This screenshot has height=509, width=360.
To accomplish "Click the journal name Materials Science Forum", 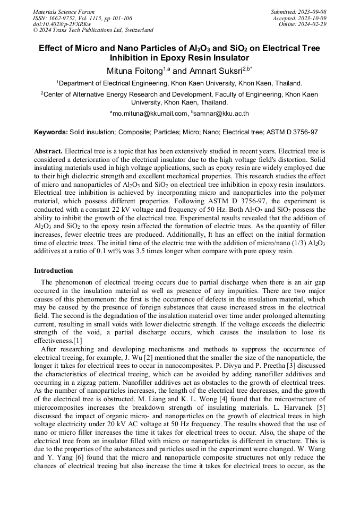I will (x=64, y=11).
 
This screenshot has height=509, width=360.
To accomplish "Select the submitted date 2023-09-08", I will (x=312, y=11).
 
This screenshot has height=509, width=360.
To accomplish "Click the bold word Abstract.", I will (x=48, y=151).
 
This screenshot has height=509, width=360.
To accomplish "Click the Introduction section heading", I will (x=54, y=271).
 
